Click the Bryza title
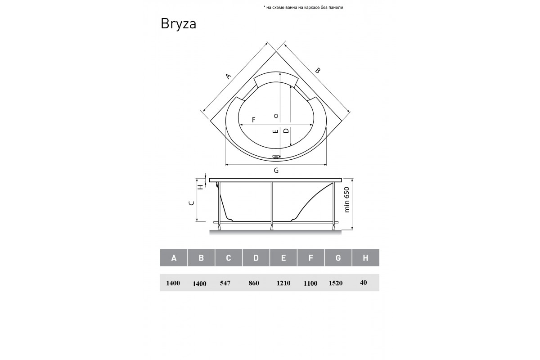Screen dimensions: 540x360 point(178,24)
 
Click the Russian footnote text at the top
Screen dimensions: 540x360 point(303,8)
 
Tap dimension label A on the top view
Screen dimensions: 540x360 point(228,76)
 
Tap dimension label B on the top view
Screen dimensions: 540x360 point(318,70)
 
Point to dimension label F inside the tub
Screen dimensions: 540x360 point(254,120)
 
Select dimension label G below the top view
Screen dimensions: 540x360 point(276,171)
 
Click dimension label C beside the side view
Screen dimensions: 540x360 point(192,203)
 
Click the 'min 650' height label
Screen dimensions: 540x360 point(346,200)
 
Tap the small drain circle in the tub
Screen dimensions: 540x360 point(276,116)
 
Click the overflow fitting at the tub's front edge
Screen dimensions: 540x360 point(276,157)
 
